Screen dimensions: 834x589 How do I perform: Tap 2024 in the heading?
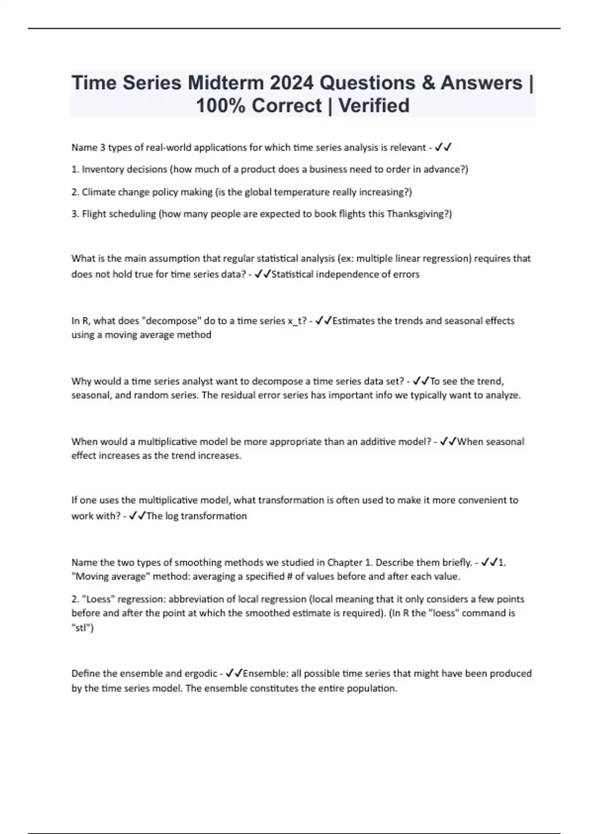coord(292,82)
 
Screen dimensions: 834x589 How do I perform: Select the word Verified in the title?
coord(374,105)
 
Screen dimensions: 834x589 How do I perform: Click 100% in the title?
coord(220,105)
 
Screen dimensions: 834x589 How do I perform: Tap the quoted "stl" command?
coord(82,627)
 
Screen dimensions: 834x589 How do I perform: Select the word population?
coord(372,688)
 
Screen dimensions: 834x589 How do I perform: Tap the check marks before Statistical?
coord(263,274)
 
